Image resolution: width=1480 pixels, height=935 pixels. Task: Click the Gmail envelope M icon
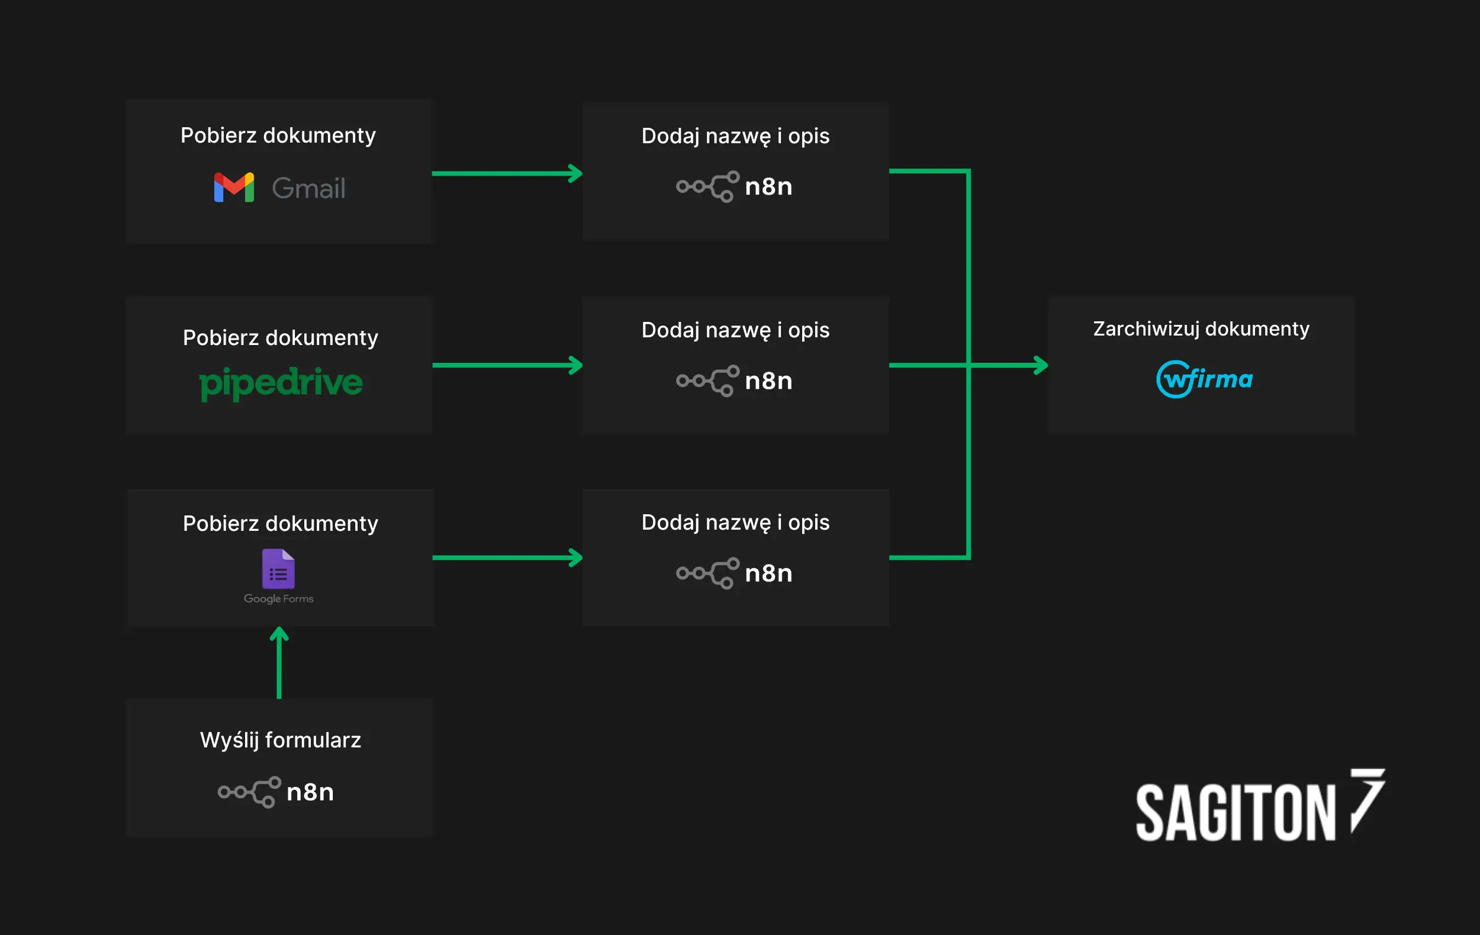(x=234, y=188)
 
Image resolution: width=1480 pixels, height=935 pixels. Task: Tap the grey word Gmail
(x=308, y=189)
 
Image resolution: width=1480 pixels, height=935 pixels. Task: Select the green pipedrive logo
(x=281, y=383)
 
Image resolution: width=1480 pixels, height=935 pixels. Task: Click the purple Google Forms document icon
(x=278, y=569)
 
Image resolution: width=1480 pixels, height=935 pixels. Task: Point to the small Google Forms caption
(x=278, y=599)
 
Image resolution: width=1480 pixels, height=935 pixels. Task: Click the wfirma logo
(x=1204, y=379)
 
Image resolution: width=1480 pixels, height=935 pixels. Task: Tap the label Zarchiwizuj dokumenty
(x=1201, y=328)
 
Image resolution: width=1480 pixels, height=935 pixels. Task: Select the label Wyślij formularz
(x=280, y=740)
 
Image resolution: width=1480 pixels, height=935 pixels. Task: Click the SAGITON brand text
(x=1236, y=812)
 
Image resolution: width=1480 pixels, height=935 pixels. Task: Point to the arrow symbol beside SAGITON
(x=1367, y=799)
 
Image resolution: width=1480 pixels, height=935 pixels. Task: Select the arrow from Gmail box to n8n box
(x=507, y=173)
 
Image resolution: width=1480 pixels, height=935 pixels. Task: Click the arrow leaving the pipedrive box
(x=507, y=365)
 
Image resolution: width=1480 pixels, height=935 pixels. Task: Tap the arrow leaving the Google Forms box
(x=507, y=558)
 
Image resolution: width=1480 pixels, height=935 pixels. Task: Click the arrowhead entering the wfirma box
(x=1040, y=365)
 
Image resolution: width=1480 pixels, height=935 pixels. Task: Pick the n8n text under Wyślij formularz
(x=310, y=792)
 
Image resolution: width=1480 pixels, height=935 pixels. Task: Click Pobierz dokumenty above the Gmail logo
(x=278, y=135)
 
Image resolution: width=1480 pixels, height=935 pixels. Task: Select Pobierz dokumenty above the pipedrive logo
(x=280, y=338)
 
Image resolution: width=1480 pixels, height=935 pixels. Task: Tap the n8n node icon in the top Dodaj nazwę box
(x=707, y=186)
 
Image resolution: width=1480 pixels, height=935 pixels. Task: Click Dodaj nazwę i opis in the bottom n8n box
(x=735, y=522)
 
